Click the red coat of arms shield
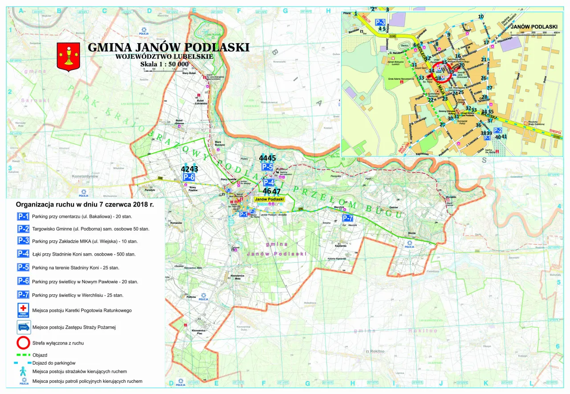click(x=68, y=56)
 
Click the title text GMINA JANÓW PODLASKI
click(x=168, y=47)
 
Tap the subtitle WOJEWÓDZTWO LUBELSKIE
click(x=164, y=57)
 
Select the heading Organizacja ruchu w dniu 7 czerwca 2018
click(x=85, y=205)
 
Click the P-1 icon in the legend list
click(x=23, y=217)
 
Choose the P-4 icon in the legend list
click(x=23, y=254)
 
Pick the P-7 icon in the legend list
click(x=23, y=294)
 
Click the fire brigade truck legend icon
click(x=23, y=327)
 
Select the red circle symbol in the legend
click(x=23, y=343)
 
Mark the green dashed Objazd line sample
click(x=23, y=355)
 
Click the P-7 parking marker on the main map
click(x=347, y=218)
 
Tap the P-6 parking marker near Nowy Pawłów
click(x=189, y=177)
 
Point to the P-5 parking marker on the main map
click(x=267, y=167)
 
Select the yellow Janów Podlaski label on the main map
click(x=269, y=199)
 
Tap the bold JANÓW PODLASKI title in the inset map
click(x=534, y=27)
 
